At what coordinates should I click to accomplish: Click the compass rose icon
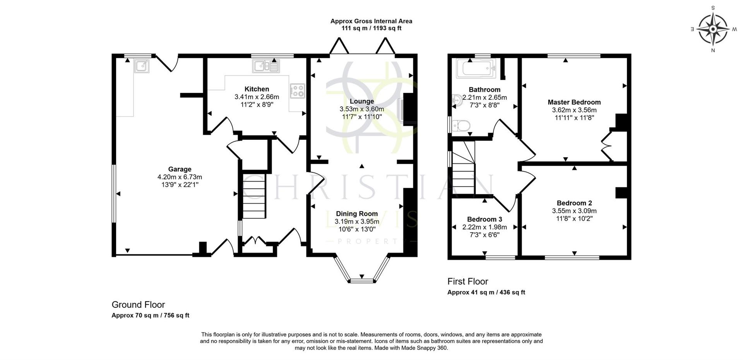[713, 29]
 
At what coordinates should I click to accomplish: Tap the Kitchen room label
[257, 89]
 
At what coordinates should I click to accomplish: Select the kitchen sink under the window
[265, 66]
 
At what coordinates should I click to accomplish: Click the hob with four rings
[297, 91]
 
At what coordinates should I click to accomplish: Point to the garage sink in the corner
[142, 66]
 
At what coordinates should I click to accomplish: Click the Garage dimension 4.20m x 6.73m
[180, 177]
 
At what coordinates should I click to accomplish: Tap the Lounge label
[362, 101]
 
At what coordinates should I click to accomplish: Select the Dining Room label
[356, 214]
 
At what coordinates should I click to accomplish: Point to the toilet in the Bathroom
[461, 125]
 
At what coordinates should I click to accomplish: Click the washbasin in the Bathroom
[456, 100]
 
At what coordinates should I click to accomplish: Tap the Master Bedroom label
[574, 102]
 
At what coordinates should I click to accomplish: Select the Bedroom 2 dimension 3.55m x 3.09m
[574, 211]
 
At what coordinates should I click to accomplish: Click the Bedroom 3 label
[484, 219]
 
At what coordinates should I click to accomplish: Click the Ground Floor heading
[138, 305]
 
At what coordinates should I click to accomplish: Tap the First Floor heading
[467, 281]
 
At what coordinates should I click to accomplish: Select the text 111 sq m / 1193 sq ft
[371, 28]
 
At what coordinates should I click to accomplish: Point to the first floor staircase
[464, 170]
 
